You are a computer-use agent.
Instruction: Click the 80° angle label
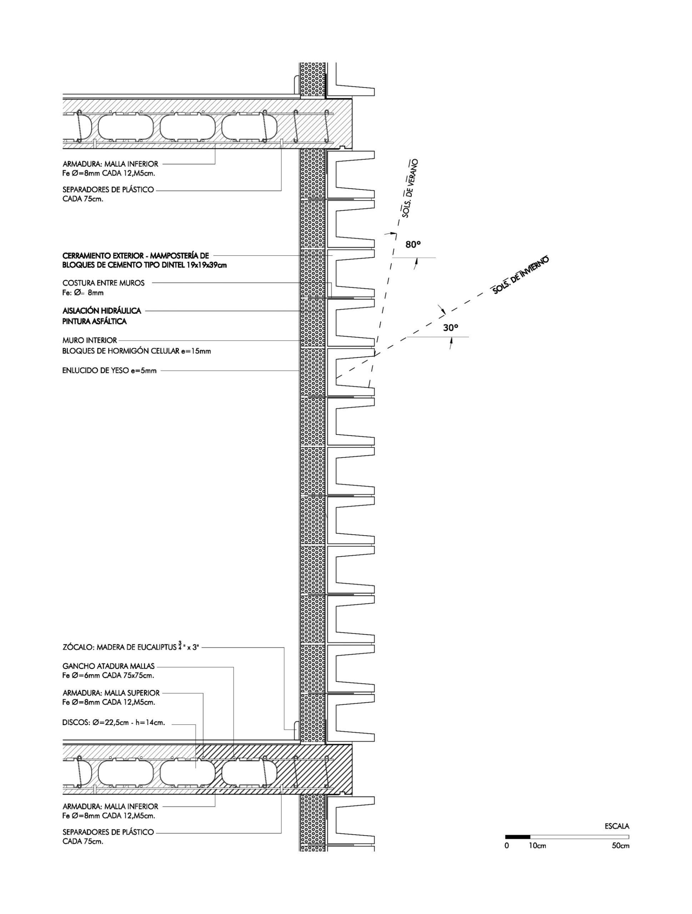pyautogui.click(x=413, y=245)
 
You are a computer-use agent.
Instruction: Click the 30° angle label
pyautogui.click(x=451, y=328)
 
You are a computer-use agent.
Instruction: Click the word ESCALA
pyautogui.click(x=617, y=826)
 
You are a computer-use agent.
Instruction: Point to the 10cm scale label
pyautogui.click(x=537, y=846)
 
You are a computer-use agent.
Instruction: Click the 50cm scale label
pyautogui.click(x=621, y=846)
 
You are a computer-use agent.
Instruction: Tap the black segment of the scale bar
pyautogui.click(x=517, y=837)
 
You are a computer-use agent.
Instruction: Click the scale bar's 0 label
pyautogui.click(x=507, y=846)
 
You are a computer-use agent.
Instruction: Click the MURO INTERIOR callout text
pyautogui.click(x=90, y=341)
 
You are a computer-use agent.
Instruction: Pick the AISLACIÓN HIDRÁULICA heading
pyautogui.click(x=102, y=311)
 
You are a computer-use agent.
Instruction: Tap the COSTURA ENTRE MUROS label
pyautogui.click(x=103, y=283)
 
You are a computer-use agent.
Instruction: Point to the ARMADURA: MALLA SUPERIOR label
pyautogui.click(x=111, y=693)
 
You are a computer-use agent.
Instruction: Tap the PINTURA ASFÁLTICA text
pyautogui.click(x=95, y=321)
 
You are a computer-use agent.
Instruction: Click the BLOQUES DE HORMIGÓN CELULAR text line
pyautogui.click(x=136, y=351)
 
